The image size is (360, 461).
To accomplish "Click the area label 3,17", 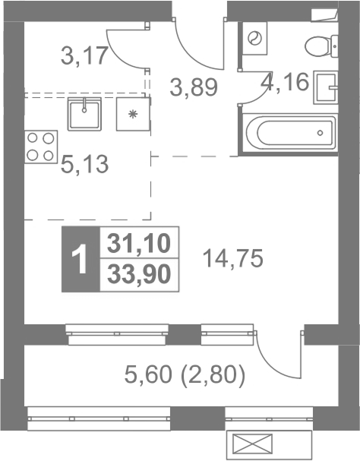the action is tap(84, 56).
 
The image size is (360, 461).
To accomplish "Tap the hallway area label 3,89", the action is tap(194, 87).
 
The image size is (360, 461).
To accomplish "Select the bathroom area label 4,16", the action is tap(285, 81).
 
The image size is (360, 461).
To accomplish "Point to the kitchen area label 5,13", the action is tap(85, 164).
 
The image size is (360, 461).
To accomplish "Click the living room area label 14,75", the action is tap(233, 258).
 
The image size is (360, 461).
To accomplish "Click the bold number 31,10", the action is tap(139, 243).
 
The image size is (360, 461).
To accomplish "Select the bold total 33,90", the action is tap(139, 274).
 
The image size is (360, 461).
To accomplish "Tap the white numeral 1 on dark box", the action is tap(80, 260).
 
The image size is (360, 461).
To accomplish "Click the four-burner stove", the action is tap(41, 147).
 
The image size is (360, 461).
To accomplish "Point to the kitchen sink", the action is tap(84, 114).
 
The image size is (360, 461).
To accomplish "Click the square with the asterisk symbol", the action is tap(133, 114).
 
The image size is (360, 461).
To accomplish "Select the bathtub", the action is tap(289, 133).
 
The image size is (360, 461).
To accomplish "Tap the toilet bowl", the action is tap(321, 46).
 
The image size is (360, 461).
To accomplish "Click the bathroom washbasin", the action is tap(325, 87).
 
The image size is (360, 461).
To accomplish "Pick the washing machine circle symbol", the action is tap(254, 38).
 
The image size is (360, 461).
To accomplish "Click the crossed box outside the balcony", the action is tap(252, 444).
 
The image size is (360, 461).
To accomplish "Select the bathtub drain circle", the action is tap(320, 133).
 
